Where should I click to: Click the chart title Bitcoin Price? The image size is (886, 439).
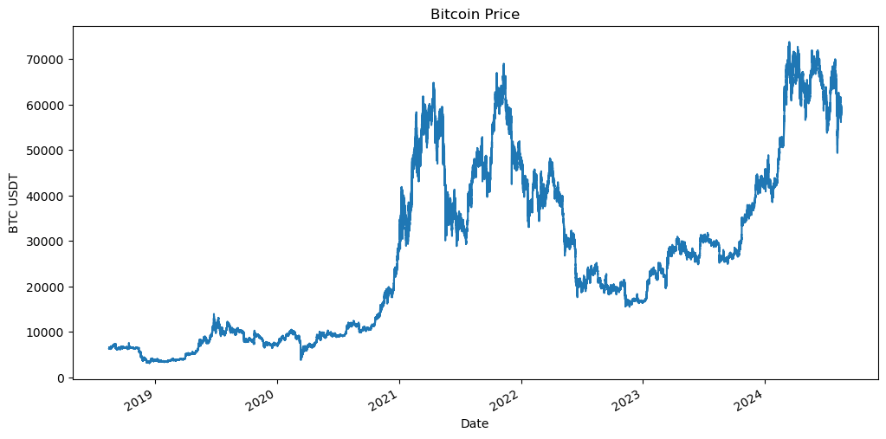click(475, 14)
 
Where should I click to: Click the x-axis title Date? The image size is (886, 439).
click(474, 423)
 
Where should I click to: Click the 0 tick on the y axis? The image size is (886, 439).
click(61, 378)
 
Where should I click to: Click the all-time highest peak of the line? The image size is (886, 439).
click(788, 42)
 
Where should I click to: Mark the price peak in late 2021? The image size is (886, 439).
click(504, 63)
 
